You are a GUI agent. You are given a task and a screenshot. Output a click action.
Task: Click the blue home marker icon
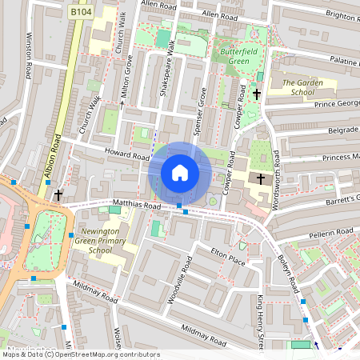(x=180, y=172)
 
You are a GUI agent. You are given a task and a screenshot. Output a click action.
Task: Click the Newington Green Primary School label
(x=101, y=241)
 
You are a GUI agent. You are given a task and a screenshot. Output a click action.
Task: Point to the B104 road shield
(x=79, y=13)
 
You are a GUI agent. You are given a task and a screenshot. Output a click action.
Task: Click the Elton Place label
(x=226, y=254)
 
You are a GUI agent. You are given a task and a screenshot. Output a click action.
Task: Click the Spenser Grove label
(x=202, y=114)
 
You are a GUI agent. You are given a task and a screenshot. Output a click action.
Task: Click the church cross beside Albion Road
(x=58, y=194)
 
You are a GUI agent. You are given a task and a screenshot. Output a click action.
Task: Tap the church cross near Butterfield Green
(x=257, y=94)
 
